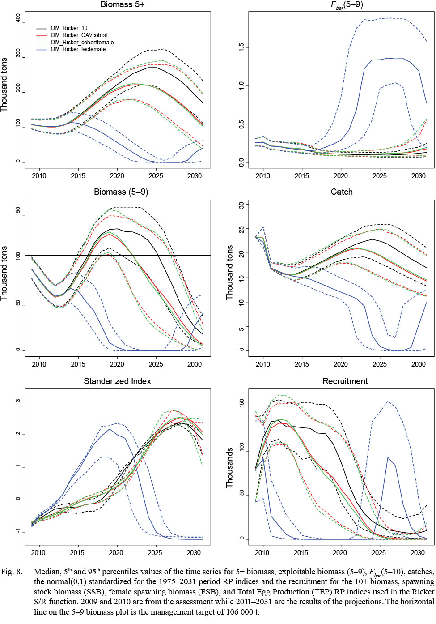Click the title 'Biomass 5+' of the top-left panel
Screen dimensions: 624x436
122,4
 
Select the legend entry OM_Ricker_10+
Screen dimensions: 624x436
70,28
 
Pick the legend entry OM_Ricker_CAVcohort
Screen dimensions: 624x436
79,35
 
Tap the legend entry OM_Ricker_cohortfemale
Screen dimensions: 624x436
82,43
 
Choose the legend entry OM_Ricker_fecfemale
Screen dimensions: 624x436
78,49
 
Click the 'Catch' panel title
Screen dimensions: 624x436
342,192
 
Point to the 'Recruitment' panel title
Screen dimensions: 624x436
345,381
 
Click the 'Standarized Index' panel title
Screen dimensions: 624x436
117,381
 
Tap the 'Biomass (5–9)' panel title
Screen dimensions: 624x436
121,192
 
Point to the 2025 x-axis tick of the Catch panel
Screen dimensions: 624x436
380,364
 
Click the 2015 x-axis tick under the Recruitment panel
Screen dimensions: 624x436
301,553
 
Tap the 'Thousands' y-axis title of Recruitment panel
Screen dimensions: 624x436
229,468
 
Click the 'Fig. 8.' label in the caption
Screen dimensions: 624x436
12,572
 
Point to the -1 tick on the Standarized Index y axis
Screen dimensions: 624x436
18,531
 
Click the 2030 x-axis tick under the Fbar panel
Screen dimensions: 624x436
419,176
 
